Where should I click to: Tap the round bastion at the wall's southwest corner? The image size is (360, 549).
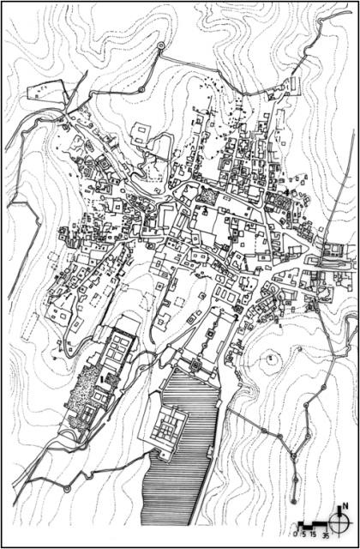pos(67,488)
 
